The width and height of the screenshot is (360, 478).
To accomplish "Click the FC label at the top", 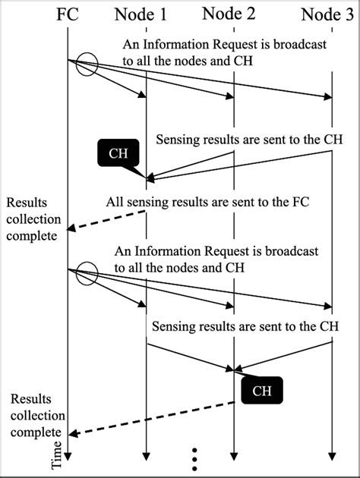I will [x=67, y=13].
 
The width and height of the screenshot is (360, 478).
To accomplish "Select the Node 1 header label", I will [x=144, y=13].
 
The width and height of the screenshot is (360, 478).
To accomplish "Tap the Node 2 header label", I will [x=232, y=13].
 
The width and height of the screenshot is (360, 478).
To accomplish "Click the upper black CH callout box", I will [x=118, y=154].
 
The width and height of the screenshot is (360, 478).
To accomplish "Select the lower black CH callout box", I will [x=261, y=391].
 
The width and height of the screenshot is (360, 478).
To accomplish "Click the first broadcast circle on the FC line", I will [x=86, y=64].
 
